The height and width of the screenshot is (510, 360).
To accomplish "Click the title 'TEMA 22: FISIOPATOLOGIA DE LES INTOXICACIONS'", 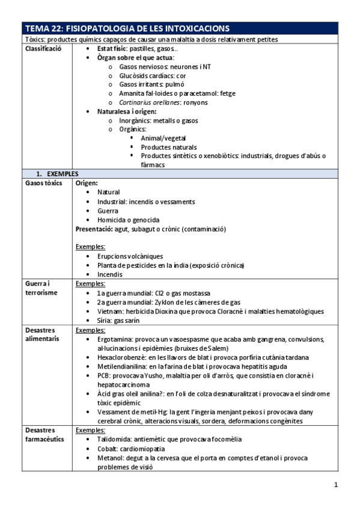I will tap(127, 28).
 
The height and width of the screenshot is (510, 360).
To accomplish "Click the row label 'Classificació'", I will tap(43, 48).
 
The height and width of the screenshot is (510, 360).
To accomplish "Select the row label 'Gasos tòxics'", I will tap(43, 183).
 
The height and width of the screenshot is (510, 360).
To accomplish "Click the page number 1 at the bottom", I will tap(337, 484).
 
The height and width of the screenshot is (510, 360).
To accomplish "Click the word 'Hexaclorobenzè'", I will tap(121, 357).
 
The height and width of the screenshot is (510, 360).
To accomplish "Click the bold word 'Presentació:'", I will tap(94, 229).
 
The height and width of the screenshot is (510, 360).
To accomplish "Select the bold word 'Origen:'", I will tap(87, 183).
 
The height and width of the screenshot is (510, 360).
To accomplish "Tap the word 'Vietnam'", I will tap(110, 312).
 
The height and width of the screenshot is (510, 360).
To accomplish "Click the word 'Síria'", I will tap(105, 321).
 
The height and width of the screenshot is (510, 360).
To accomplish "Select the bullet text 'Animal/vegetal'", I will tap(163, 138).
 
